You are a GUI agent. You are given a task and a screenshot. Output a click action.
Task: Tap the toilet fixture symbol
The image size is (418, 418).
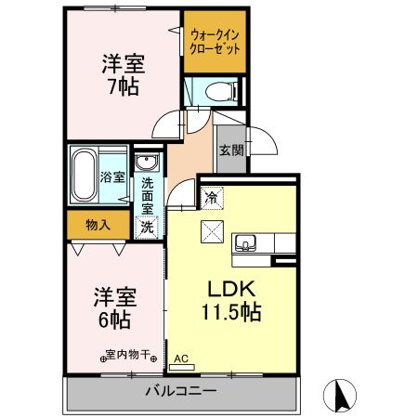point(213,92)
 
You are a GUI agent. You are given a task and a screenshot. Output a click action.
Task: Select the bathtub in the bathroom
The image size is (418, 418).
point(84,175)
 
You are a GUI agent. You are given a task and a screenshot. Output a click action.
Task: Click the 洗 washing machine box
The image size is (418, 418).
point(147,226)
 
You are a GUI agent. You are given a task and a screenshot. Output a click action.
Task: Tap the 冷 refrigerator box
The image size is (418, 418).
point(212,196)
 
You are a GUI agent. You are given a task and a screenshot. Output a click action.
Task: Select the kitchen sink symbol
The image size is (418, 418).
point(246,242)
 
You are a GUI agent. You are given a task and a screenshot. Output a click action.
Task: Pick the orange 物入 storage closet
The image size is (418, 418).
point(98,224)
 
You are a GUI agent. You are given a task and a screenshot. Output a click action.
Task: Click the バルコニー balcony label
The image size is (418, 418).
point(180,391)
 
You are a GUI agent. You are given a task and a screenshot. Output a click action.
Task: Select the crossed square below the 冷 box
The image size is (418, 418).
point(212,231)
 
